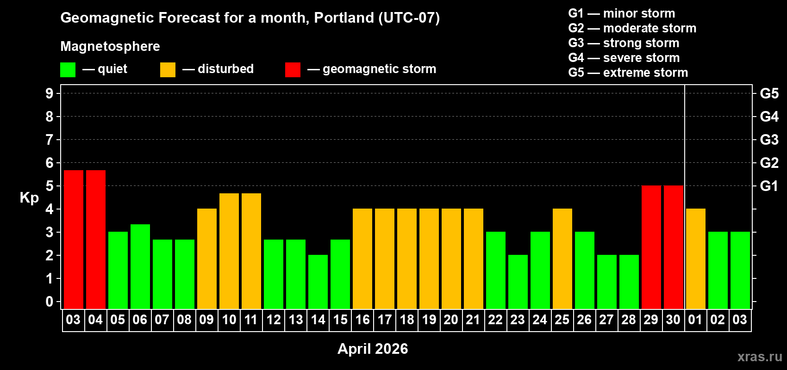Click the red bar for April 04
click(x=96, y=239)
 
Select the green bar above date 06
click(x=140, y=266)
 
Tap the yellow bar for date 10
click(x=229, y=251)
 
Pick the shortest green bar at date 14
click(x=318, y=282)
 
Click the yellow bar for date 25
click(x=562, y=259)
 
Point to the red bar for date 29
click(x=651, y=247)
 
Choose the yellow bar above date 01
click(x=696, y=259)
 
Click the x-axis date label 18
click(x=407, y=320)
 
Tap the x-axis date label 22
click(x=495, y=320)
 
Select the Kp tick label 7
click(x=50, y=140)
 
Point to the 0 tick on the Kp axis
click(x=50, y=302)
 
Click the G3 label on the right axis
click(x=769, y=140)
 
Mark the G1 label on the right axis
click(x=769, y=186)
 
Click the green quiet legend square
click(x=68, y=70)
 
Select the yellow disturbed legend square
click(x=168, y=70)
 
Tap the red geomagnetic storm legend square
click(x=293, y=70)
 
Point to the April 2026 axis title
click(x=373, y=349)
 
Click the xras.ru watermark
click(x=760, y=357)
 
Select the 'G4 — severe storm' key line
click(x=624, y=58)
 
